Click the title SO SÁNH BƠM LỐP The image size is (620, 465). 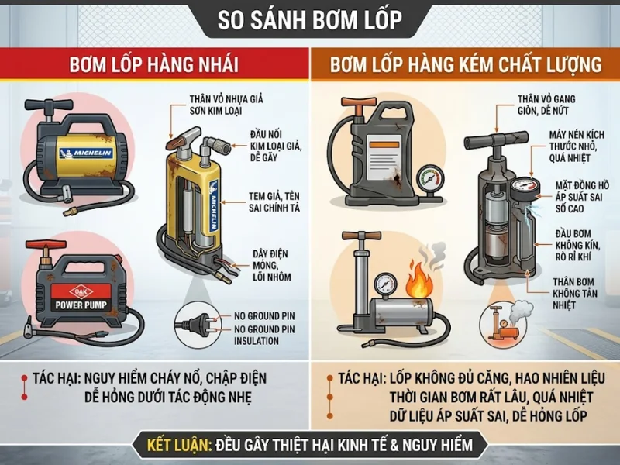(309, 20)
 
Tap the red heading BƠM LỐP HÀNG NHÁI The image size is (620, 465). (153, 64)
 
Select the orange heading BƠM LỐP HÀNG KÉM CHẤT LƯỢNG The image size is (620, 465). (466, 64)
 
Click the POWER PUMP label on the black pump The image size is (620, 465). (81, 305)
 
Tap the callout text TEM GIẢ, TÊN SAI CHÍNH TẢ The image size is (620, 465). (274, 202)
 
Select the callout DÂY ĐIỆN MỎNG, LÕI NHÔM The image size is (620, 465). (272, 265)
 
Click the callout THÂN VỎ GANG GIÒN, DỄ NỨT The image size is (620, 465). (546, 105)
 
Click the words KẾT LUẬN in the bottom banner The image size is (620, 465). (178, 445)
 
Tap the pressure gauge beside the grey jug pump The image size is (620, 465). (430, 181)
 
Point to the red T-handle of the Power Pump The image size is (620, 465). (45, 245)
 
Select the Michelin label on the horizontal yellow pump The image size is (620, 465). (86, 153)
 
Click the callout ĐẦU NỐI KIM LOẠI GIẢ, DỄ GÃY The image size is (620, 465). (276, 146)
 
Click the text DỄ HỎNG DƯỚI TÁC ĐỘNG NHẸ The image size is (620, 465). (168, 397)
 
